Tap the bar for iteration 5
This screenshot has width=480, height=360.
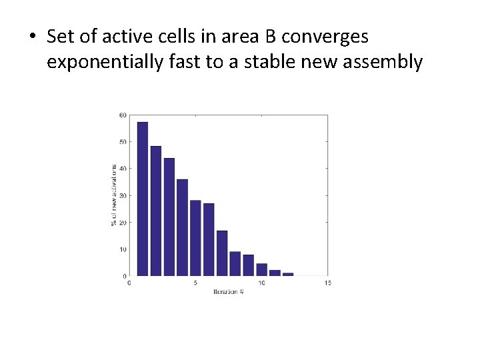pos(195,238)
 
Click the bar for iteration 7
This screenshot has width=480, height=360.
pos(222,253)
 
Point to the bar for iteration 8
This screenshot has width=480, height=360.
pos(235,263)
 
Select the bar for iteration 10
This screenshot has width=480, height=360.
pos(261,269)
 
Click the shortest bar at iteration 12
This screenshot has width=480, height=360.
pos(288,274)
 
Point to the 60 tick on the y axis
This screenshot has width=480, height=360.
pos(123,115)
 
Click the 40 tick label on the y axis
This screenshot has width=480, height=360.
pos(123,169)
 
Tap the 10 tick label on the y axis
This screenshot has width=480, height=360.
pos(123,249)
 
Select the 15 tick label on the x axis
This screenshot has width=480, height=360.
pos(327,283)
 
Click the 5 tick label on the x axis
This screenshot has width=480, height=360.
pos(195,283)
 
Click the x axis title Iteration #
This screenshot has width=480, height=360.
pos(228,292)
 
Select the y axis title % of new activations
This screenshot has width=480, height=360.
pos(113,195)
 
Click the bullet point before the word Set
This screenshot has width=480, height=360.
pos(33,37)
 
